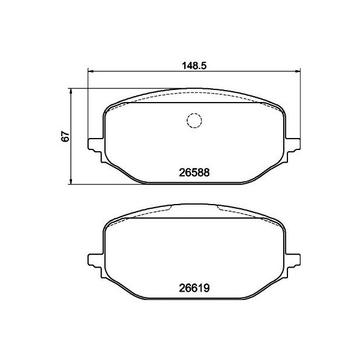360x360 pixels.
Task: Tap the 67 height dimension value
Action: coord(67,136)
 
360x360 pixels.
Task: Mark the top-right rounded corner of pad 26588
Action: coord(280,109)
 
